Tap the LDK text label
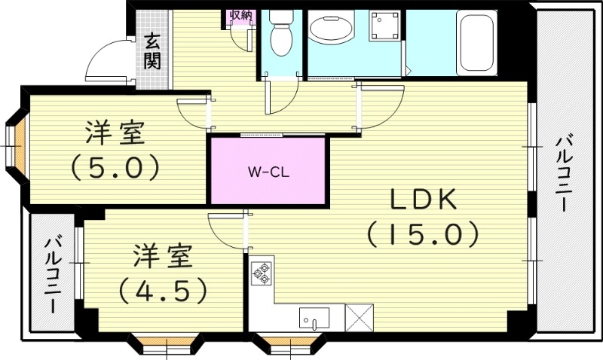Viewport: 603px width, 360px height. pyautogui.click(x=423, y=200)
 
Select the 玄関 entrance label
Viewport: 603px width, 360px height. pyautogui.click(x=153, y=51)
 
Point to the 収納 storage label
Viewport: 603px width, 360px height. pyautogui.click(x=240, y=15)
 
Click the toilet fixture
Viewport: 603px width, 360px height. pyautogui.click(x=281, y=34)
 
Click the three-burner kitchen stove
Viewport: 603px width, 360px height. pyautogui.click(x=262, y=273)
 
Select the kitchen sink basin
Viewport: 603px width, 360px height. pyautogui.click(x=314, y=316)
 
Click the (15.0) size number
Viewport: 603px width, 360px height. pyautogui.click(x=423, y=234)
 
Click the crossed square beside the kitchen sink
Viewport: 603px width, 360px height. pyautogui.click(x=358, y=317)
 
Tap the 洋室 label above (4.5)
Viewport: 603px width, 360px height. pyautogui.click(x=162, y=255)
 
